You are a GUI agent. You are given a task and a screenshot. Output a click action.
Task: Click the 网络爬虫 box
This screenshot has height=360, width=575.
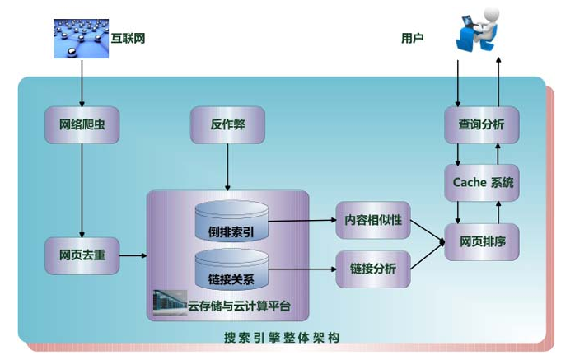pyautogui.click(x=82, y=124)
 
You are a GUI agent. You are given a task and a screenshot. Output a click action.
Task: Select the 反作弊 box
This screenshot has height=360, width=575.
pyautogui.click(x=227, y=124)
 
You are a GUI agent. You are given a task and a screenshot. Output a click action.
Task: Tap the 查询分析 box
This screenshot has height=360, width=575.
pyautogui.click(x=481, y=124)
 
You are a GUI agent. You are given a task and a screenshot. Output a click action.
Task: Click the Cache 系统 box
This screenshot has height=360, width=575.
pyautogui.click(x=481, y=183)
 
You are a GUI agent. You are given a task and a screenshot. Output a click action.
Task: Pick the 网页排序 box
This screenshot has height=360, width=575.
pyautogui.click(x=481, y=242)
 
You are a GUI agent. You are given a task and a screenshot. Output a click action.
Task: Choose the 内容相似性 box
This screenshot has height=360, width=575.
pyautogui.click(x=373, y=220)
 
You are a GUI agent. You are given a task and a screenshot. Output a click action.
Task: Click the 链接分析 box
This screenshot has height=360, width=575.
pyautogui.click(x=373, y=269)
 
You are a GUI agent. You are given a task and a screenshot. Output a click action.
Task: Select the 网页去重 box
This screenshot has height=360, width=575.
pyautogui.click(x=82, y=255)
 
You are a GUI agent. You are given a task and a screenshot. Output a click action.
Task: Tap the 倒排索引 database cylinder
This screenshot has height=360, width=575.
pyautogui.click(x=231, y=221)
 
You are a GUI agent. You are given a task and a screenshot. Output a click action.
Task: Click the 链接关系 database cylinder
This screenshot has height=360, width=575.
pyautogui.click(x=231, y=269)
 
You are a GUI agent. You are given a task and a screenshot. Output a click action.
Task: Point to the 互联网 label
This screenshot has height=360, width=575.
pyautogui.click(x=128, y=38)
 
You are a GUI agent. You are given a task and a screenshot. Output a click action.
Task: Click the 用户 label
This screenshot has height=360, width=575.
pyautogui.click(x=413, y=38)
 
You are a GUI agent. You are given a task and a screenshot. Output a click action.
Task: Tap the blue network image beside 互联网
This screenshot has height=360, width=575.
pyautogui.click(x=81, y=39)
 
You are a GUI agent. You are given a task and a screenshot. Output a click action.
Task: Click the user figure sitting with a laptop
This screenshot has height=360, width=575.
pyautogui.click(x=478, y=30)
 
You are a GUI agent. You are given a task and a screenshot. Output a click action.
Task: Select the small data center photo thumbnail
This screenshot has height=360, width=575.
pyautogui.click(x=170, y=303)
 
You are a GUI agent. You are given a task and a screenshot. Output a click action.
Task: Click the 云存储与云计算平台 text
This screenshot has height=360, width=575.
pyautogui.click(x=240, y=306)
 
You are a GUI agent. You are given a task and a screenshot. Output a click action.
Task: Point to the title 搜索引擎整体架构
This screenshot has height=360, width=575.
pyautogui.click(x=282, y=338)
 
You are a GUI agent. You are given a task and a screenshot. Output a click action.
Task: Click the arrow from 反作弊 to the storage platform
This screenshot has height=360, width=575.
pyautogui.click(x=227, y=167)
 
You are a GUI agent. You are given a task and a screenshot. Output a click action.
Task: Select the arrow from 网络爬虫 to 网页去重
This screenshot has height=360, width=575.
pyautogui.click(x=82, y=190)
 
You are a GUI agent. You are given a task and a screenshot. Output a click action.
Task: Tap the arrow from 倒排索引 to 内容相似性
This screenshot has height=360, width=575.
pyautogui.click(x=302, y=221)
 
